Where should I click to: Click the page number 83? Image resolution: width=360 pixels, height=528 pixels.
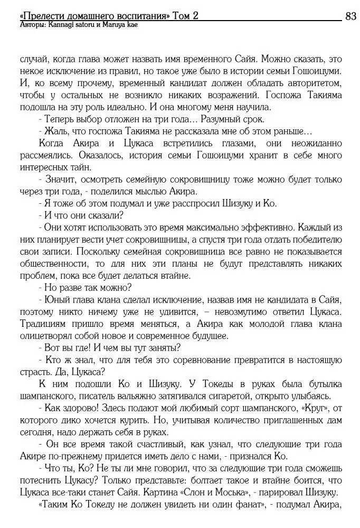[350, 16]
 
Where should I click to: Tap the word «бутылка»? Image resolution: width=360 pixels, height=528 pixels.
[323, 384]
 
